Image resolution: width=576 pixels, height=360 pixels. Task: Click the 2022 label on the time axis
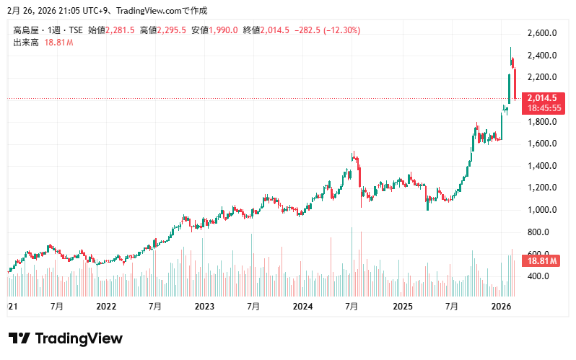tap(106, 307)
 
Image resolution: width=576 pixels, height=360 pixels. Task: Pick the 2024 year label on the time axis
tap(302, 307)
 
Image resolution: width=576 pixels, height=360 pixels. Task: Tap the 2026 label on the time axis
tap(501, 307)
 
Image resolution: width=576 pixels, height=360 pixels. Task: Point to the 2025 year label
tap(401, 307)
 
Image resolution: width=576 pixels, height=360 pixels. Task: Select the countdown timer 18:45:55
tap(543, 107)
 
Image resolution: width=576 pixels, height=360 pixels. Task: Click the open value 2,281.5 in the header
tap(120, 30)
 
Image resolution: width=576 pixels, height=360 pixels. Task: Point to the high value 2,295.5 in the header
tap(172, 30)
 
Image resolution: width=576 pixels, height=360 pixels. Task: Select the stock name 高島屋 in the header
tap(25, 30)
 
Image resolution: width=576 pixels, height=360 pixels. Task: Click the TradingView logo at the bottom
tap(65, 338)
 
